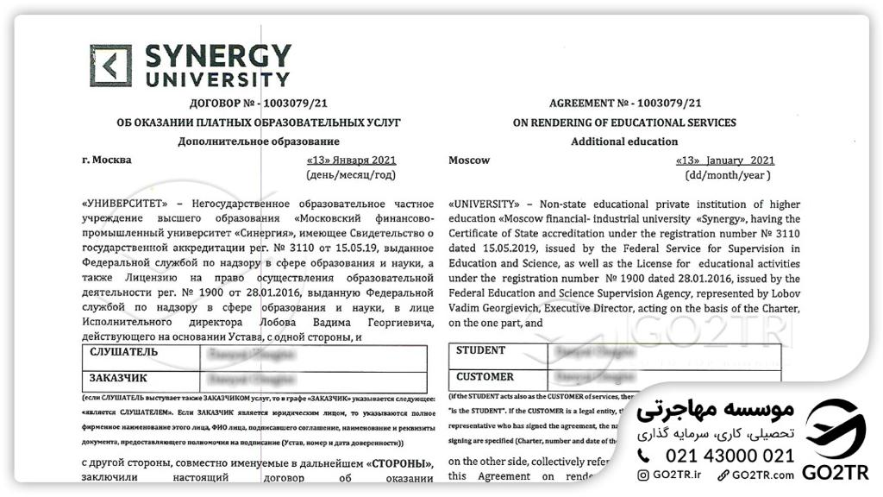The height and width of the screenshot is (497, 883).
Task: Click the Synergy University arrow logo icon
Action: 111,66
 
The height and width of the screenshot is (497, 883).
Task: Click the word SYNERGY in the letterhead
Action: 217,57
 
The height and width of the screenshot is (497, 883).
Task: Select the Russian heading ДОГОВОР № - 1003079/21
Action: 258,104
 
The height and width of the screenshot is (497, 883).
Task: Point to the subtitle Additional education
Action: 624,142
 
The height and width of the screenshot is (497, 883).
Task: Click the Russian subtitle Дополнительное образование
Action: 258,142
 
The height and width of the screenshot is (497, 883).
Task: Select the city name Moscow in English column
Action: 469,160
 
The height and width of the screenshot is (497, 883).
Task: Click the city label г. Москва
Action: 106,160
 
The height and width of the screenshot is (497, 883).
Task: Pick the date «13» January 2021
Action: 725,160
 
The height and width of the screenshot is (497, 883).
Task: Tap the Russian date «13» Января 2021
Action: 351,160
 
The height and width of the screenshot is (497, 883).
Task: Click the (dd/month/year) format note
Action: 726,175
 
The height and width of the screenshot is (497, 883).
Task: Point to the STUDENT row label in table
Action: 480,351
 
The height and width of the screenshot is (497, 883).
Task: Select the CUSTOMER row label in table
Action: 485,377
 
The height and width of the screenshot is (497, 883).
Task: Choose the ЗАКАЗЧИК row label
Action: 118,378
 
